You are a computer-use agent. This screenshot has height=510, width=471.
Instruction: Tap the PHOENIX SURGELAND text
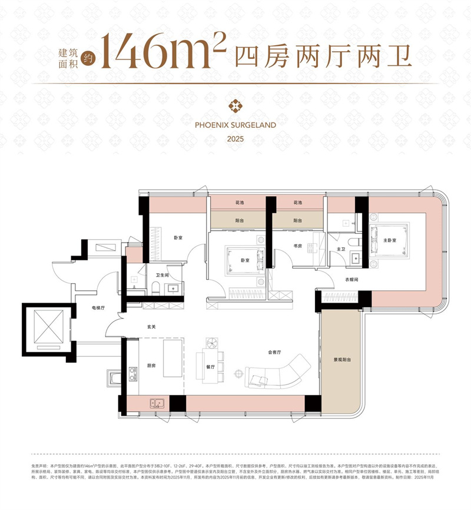235,125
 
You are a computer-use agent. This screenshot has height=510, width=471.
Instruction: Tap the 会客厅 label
274,352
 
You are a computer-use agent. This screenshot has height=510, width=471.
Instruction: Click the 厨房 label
151,365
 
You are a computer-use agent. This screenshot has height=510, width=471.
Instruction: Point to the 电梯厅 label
99,307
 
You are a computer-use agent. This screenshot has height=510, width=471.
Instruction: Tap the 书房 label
297,246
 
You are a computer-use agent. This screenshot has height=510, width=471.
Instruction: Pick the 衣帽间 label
353,280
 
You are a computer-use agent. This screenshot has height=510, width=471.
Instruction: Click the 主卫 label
340,250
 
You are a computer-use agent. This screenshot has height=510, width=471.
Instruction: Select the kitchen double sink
157,403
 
